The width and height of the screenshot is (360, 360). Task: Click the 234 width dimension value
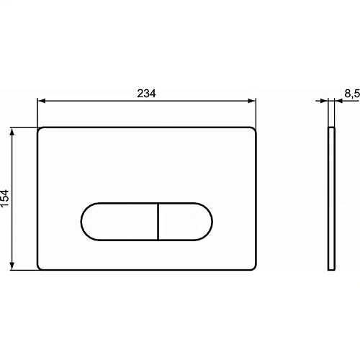[x=146, y=93]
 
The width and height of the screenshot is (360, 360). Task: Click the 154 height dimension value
[x=6, y=198]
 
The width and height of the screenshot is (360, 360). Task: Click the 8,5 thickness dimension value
[x=351, y=93]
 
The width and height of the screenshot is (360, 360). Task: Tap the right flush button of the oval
[x=184, y=220]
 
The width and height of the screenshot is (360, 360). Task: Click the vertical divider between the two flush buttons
[x=157, y=220]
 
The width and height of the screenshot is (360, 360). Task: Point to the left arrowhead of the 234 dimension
[x=40, y=102]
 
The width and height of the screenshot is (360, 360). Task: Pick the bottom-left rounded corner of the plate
[x=40, y=267]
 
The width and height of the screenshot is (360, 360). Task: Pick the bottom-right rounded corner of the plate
[x=254, y=267]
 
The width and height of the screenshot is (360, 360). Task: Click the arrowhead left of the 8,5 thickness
[x=325, y=102]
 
